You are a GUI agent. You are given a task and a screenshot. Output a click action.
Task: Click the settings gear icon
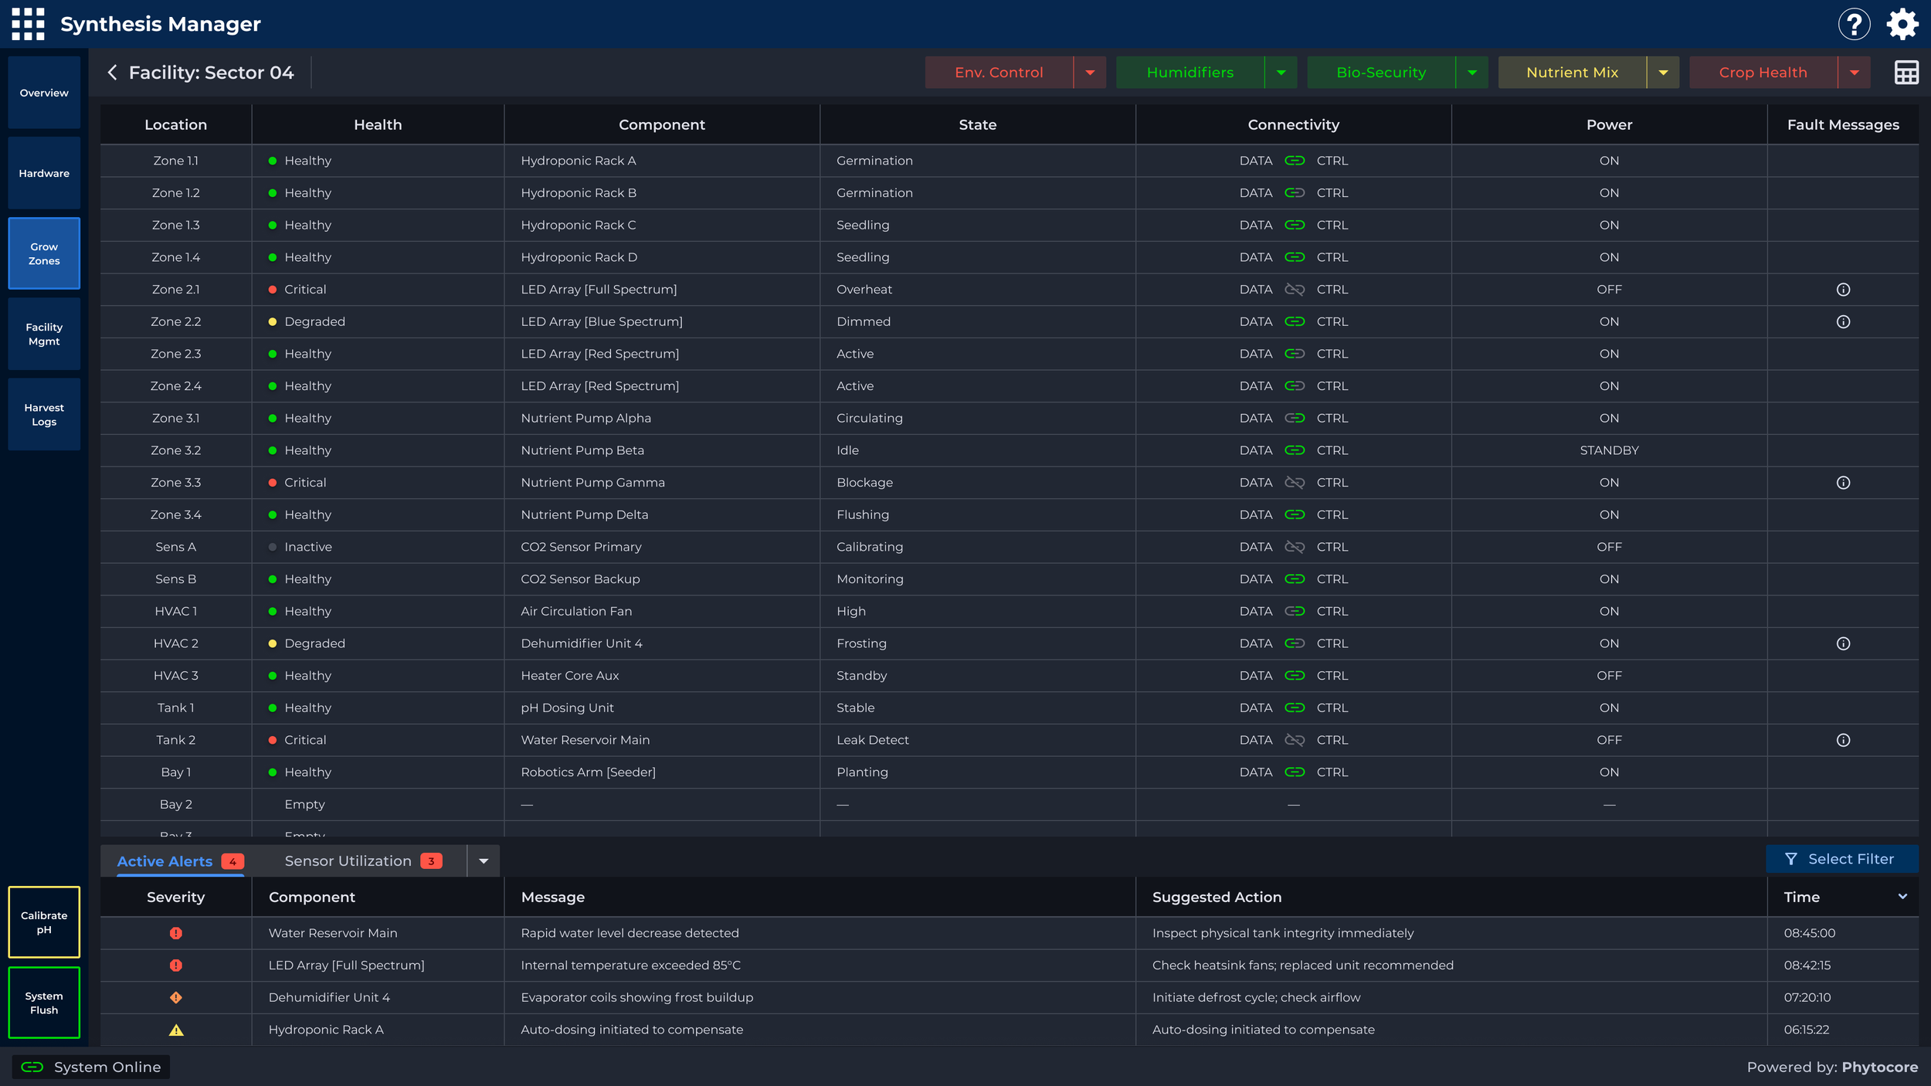[1902, 24]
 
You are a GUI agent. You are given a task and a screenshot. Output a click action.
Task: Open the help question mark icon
[1854, 24]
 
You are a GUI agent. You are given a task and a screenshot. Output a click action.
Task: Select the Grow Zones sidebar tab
[44, 253]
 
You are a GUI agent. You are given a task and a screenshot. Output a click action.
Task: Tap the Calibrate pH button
[44, 922]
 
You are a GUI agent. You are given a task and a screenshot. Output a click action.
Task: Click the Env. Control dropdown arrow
[1090, 73]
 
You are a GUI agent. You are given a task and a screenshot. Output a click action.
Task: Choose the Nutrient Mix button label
[1572, 73]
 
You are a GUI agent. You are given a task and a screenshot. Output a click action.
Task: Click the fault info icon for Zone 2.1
[1843, 290]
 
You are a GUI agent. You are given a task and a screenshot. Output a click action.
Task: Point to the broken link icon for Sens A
[1295, 547]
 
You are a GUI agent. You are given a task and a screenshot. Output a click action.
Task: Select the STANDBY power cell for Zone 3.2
[1609, 450]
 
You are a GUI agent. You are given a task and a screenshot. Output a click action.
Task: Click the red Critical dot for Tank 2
[273, 740]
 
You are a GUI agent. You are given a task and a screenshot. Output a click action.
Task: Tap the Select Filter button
[1841, 859]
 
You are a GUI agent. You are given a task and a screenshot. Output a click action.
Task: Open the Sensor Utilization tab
[348, 861]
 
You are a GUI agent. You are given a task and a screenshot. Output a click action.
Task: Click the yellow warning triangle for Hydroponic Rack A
[176, 1030]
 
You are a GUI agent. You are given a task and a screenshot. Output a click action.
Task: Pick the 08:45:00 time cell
[1809, 933]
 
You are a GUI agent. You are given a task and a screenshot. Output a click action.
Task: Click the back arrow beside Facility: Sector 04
[113, 73]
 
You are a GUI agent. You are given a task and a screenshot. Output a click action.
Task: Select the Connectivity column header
[1293, 125]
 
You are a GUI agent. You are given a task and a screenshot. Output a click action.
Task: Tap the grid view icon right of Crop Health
[1906, 73]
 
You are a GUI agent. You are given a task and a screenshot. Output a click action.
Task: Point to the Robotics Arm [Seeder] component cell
[588, 772]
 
